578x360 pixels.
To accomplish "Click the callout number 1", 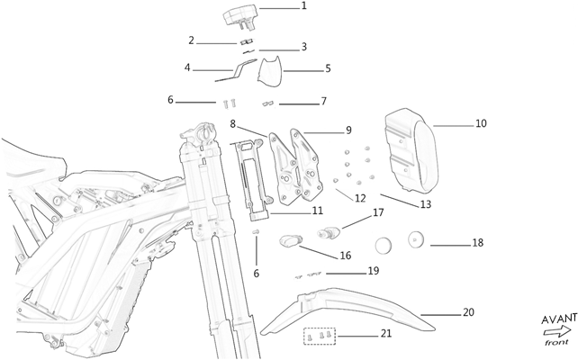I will click(303, 6).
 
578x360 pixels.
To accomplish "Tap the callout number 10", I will click(480, 123).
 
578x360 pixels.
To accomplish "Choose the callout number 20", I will click(468, 312).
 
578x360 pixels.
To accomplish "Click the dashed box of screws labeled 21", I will click(321, 335).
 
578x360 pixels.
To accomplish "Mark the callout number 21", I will click(385, 335).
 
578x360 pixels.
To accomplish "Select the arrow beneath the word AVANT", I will click(556, 332).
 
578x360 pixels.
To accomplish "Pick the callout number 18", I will click(477, 243).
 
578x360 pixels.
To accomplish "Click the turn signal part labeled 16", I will click(291, 240).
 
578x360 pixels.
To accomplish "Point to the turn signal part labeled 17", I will click(331, 231).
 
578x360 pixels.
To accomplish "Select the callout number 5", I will click(328, 68).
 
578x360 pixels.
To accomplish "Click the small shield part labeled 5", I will click(270, 68).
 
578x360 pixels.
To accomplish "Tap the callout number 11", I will click(317, 211).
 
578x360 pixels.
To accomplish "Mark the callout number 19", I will click(373, 271).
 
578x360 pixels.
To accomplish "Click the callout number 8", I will click(232, 123).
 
